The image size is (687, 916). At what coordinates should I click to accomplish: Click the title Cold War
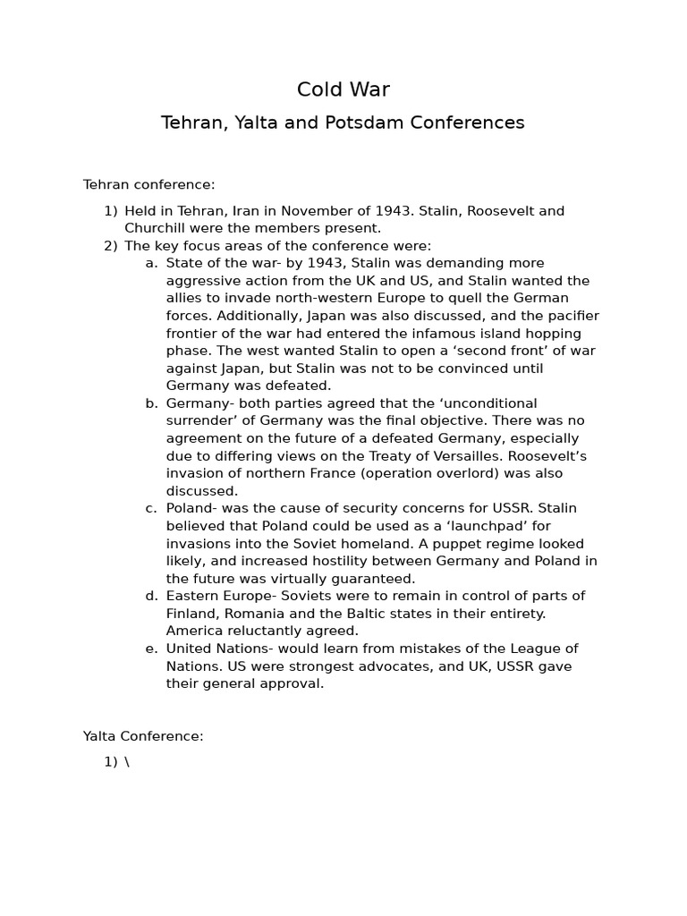click(x=343, y=89)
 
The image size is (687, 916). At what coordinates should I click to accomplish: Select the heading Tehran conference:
click(x=149, y=185)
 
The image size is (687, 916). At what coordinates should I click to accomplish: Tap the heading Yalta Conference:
click(x=143, y=736)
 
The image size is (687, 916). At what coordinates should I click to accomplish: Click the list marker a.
click(x=151, y=263)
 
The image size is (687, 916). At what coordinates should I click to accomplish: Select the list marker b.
click(x=151, y=403)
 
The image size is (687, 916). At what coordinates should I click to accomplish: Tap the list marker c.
click(x=151, y=508)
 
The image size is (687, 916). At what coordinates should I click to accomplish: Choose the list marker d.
click(x=151, y=596)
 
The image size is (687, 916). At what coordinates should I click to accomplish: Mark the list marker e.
click(x=151, y=649)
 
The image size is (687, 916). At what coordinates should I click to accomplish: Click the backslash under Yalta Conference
click(x=126, y=762)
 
